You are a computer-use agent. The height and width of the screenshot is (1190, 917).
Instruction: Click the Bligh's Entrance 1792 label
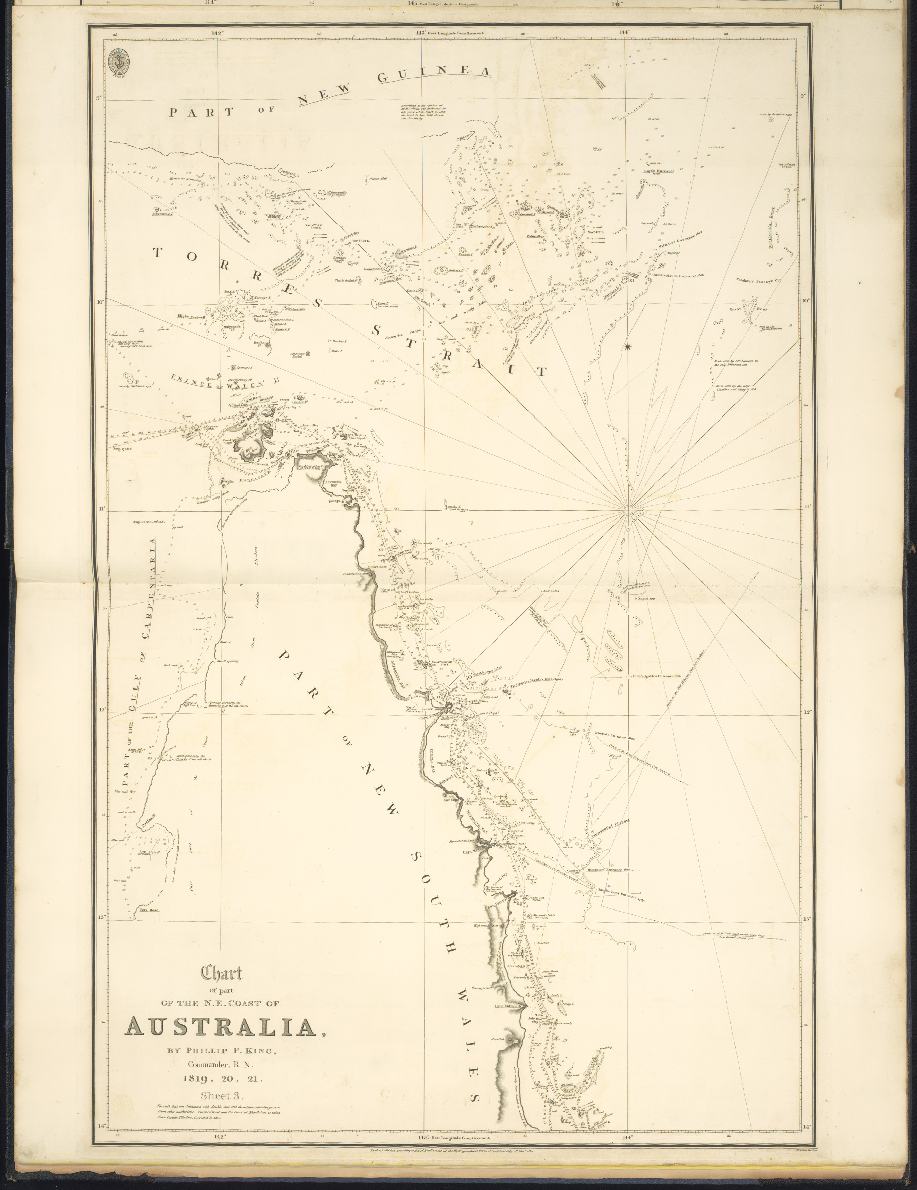pyautogui.click(x=658, y=172)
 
